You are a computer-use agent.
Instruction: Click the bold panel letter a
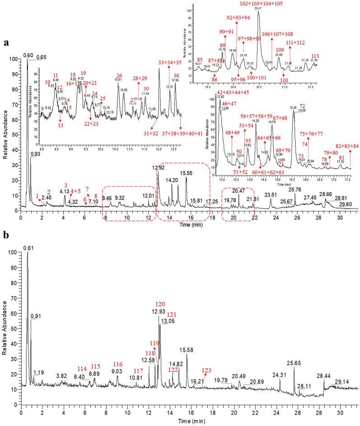point(7,43)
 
